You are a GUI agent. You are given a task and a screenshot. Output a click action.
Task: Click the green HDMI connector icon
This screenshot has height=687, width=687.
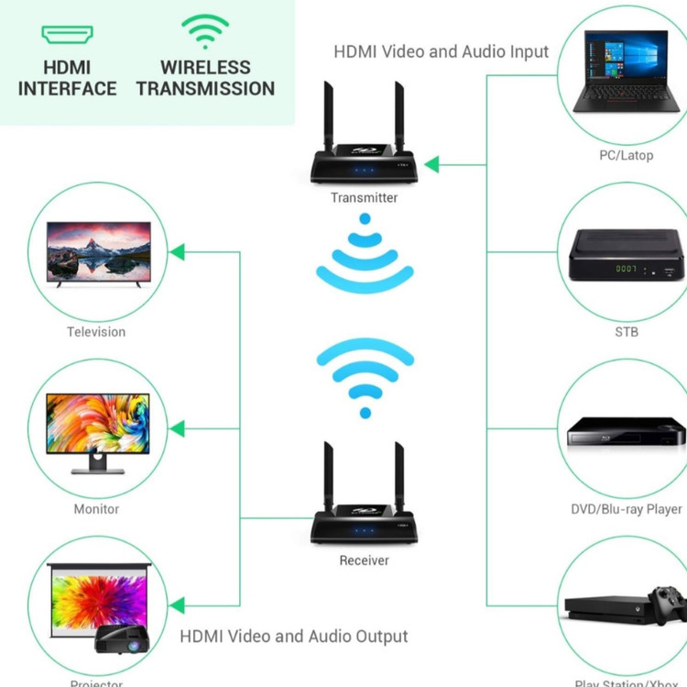tap(67, 35)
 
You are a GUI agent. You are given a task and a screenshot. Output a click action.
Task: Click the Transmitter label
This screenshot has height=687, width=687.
tap(364, 197)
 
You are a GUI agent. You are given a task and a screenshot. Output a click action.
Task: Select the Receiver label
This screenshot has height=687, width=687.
tap(364, 560)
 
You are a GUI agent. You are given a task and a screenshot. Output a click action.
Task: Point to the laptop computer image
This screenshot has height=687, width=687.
tap(626, 71)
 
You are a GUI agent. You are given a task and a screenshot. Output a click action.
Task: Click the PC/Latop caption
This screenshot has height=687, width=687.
tap(626, 155)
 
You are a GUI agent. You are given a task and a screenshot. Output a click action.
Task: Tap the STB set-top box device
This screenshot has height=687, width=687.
tap(626, 257)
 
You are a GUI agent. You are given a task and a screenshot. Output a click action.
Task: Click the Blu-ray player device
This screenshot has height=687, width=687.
tap(626, 431)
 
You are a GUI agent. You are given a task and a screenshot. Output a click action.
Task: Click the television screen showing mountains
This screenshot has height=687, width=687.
tap(99, 250)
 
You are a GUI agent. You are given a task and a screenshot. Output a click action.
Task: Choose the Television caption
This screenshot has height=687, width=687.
tap(96, 332)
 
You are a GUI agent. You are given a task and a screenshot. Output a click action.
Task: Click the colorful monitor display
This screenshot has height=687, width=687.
tap(97, 424)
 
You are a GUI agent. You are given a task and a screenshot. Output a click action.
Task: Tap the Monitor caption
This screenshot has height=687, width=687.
tap(96, 509)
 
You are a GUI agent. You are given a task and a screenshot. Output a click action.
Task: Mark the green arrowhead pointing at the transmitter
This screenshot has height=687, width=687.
tap(431, 165)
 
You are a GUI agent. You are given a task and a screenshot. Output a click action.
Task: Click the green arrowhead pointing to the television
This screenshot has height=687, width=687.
tap(177, 251)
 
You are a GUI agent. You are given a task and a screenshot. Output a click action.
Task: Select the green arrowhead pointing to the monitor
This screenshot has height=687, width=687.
tap(177, 428)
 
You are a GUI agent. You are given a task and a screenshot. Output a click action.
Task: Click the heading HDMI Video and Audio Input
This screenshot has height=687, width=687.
tap(441, 51)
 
